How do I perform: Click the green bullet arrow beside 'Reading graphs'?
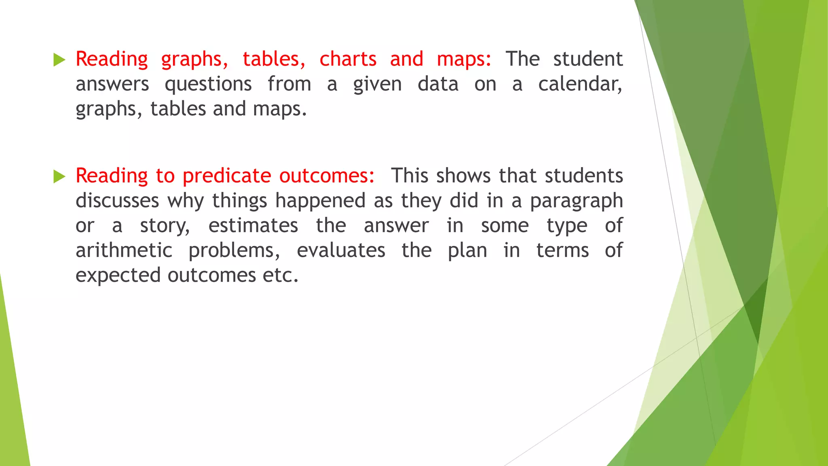pyautogui.click(x=59, y=60)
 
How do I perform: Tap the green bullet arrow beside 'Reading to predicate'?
pyautogui.click(x=59, y=177)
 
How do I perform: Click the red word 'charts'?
pyautogui.click(x=348, y=59)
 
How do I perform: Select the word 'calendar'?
pyautogui.click(x=579, y=84)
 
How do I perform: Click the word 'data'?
pyautogui.click(x=438, y=84)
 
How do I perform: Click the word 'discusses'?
pyautogui.click(x=117, y=201)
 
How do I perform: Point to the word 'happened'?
pyautogui.click(x=320, y=201)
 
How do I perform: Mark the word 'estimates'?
pyautogui.click(x=253, y=226)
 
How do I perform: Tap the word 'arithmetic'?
pyautogui.click(x=124, y=250)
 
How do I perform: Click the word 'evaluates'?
pyautogui.click(x=341, y=250)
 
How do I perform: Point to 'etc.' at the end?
pyautogui.click(x=281, y=275)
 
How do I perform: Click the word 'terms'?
pyautogui.click(x=562, y=250)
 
